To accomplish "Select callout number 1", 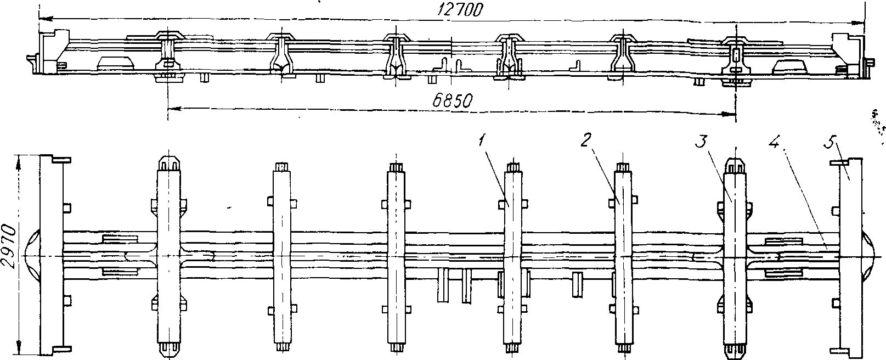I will point(482,140).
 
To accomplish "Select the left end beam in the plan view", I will point(53,255).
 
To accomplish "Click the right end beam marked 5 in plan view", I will point(849,255).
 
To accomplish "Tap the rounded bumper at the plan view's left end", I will point(32,255).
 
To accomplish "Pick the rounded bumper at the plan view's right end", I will point(870,255).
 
